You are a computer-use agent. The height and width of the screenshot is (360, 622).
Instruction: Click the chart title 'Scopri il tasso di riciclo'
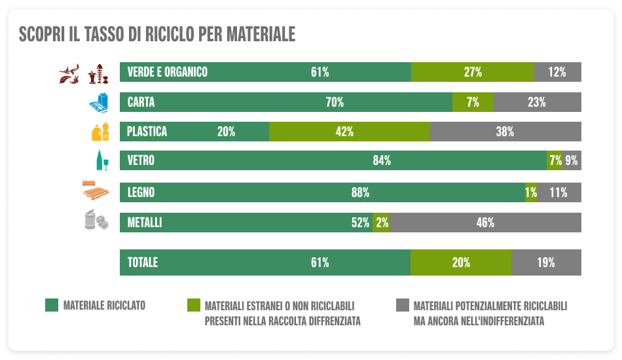[x=157, y=35]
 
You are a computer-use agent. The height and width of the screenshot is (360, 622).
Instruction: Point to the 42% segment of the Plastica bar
[x=350, y=132]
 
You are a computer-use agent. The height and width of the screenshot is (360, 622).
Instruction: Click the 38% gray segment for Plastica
[x=505, y=132]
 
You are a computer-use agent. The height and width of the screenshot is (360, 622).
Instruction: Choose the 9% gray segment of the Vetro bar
[x=572, y=161]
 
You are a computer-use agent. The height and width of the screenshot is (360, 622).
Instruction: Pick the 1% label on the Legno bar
[x=530, y=192]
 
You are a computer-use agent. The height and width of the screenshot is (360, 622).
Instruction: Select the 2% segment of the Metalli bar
[x=381, y=223]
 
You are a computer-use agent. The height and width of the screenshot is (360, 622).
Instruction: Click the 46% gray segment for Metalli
[x=485, y=223]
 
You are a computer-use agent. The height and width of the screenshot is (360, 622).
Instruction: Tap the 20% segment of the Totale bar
[x=461, y=263]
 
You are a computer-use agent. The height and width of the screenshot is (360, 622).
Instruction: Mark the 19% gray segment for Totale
[x=546, y=263]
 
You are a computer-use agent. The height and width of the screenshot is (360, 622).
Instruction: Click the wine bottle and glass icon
[x=102, y=160]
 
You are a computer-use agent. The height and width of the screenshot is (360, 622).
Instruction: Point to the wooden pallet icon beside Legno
[x=94, y=192]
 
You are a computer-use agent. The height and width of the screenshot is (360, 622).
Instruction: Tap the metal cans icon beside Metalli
[x=96, y=221]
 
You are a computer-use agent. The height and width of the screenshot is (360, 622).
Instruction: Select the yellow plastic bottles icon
[x=100, y=132]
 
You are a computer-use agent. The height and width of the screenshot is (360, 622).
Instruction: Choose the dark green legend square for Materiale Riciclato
[x=52, y=305]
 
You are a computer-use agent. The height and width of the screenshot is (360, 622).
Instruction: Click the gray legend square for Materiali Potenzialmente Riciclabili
[x=402, y=305]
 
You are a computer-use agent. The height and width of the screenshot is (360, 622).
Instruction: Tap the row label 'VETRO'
[x=141, y=161]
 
